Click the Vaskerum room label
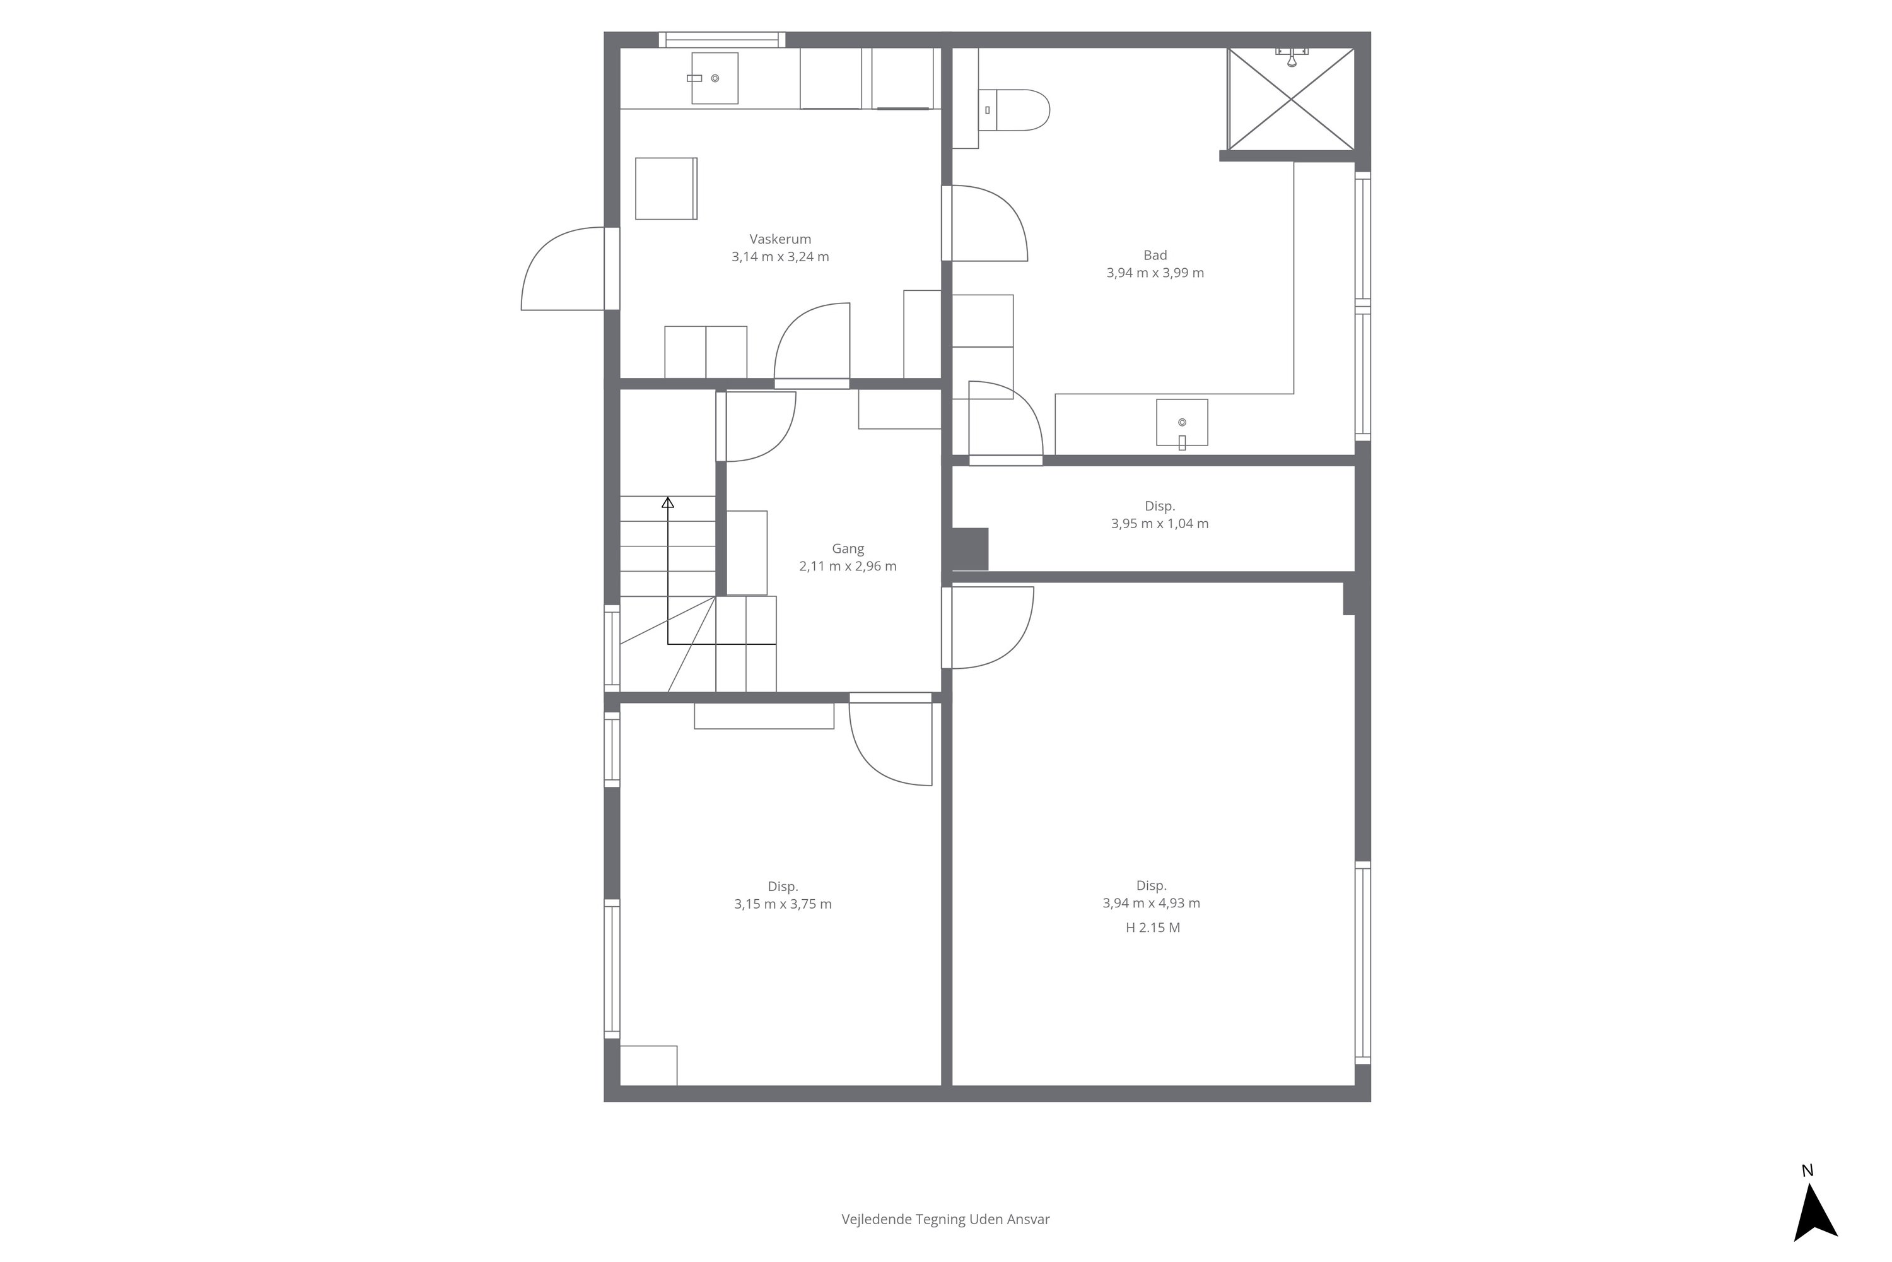pos(780,239)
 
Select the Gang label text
pos(847,549)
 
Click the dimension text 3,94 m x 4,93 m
pos(1151,903)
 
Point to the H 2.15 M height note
pos(1153,927)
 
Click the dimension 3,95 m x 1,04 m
pos(1159,523)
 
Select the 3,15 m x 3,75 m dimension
pos(783,904)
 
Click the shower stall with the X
pos(1290,99)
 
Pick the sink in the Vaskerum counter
pos(715,78)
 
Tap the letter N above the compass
pos(1807,1171)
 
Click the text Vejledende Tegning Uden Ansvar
pos(945,1219)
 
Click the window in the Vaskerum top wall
pos(721,39)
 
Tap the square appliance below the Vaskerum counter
pos(666,188)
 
